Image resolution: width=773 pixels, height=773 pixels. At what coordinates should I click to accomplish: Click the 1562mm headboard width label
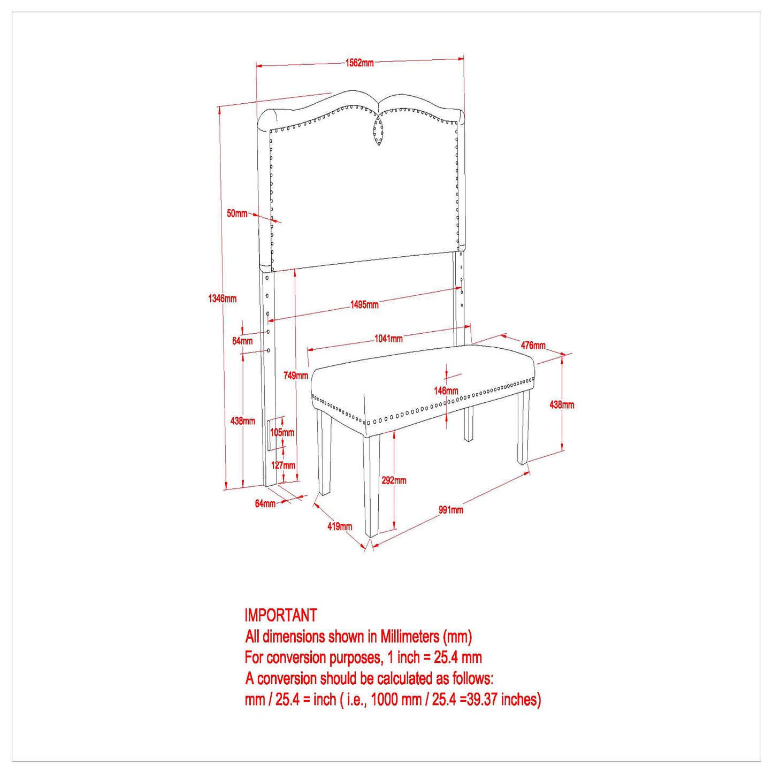[359, 63]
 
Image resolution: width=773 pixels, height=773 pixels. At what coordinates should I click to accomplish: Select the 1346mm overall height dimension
[222, 299]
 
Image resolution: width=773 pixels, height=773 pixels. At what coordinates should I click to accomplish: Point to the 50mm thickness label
[237, 213]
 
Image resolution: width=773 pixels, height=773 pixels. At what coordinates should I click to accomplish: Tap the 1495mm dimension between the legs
[365, 304]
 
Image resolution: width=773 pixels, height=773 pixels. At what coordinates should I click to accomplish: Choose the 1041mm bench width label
[389, 339]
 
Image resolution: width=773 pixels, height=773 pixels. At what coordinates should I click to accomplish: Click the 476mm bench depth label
[533, 345]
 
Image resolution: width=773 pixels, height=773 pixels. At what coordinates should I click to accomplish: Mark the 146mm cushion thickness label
[446, 391]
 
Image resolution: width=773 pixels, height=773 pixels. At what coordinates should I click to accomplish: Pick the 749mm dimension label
[296, 376]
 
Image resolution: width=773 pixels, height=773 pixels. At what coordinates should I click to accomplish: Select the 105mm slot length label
[282, 432]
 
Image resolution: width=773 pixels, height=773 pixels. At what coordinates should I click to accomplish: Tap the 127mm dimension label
[283, 465]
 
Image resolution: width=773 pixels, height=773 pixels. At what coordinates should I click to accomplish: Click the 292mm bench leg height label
[394, 480]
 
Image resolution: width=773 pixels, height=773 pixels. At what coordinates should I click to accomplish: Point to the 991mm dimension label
[451, 510]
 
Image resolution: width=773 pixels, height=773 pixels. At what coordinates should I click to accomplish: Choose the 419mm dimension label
[340, 526]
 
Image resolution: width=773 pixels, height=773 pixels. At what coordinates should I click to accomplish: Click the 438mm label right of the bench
[562, 405]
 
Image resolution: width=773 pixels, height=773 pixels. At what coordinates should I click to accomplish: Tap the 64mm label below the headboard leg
[265, 503]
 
